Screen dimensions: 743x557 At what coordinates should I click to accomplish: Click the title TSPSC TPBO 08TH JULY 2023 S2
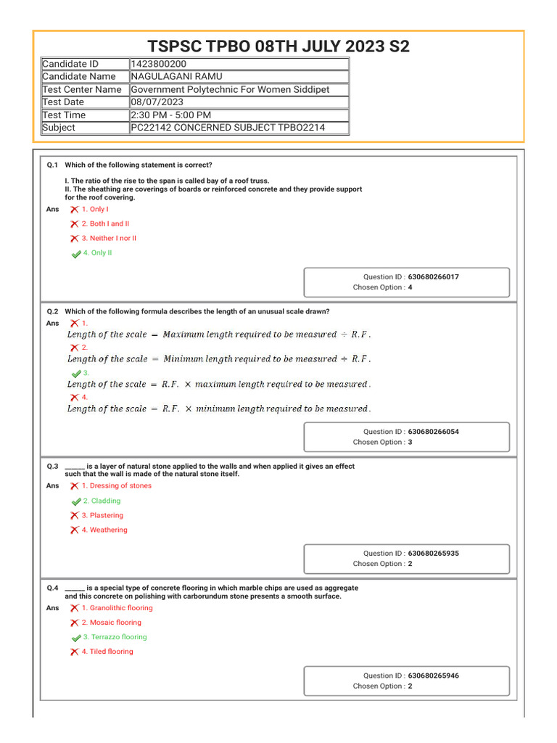278,47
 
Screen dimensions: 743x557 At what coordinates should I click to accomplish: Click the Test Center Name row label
82,89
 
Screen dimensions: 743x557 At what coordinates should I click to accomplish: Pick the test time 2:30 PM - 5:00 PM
171,115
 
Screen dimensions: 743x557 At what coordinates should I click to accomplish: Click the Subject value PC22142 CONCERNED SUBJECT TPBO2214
228,128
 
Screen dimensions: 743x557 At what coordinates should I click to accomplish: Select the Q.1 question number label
53,165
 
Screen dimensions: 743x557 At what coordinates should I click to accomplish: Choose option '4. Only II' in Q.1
97,253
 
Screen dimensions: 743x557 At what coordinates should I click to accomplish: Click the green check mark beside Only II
76,254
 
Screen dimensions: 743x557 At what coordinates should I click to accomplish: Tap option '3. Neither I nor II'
109,238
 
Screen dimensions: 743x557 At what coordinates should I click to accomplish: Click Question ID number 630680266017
433,277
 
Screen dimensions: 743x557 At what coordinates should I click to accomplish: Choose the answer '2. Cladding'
102,501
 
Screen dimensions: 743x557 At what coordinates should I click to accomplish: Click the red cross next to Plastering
75,516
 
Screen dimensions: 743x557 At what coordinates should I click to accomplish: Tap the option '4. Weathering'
104,530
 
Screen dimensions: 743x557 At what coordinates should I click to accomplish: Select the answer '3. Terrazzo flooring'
115,637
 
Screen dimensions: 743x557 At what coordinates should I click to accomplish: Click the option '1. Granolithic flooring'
117,608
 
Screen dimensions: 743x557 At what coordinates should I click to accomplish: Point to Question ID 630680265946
433,676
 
